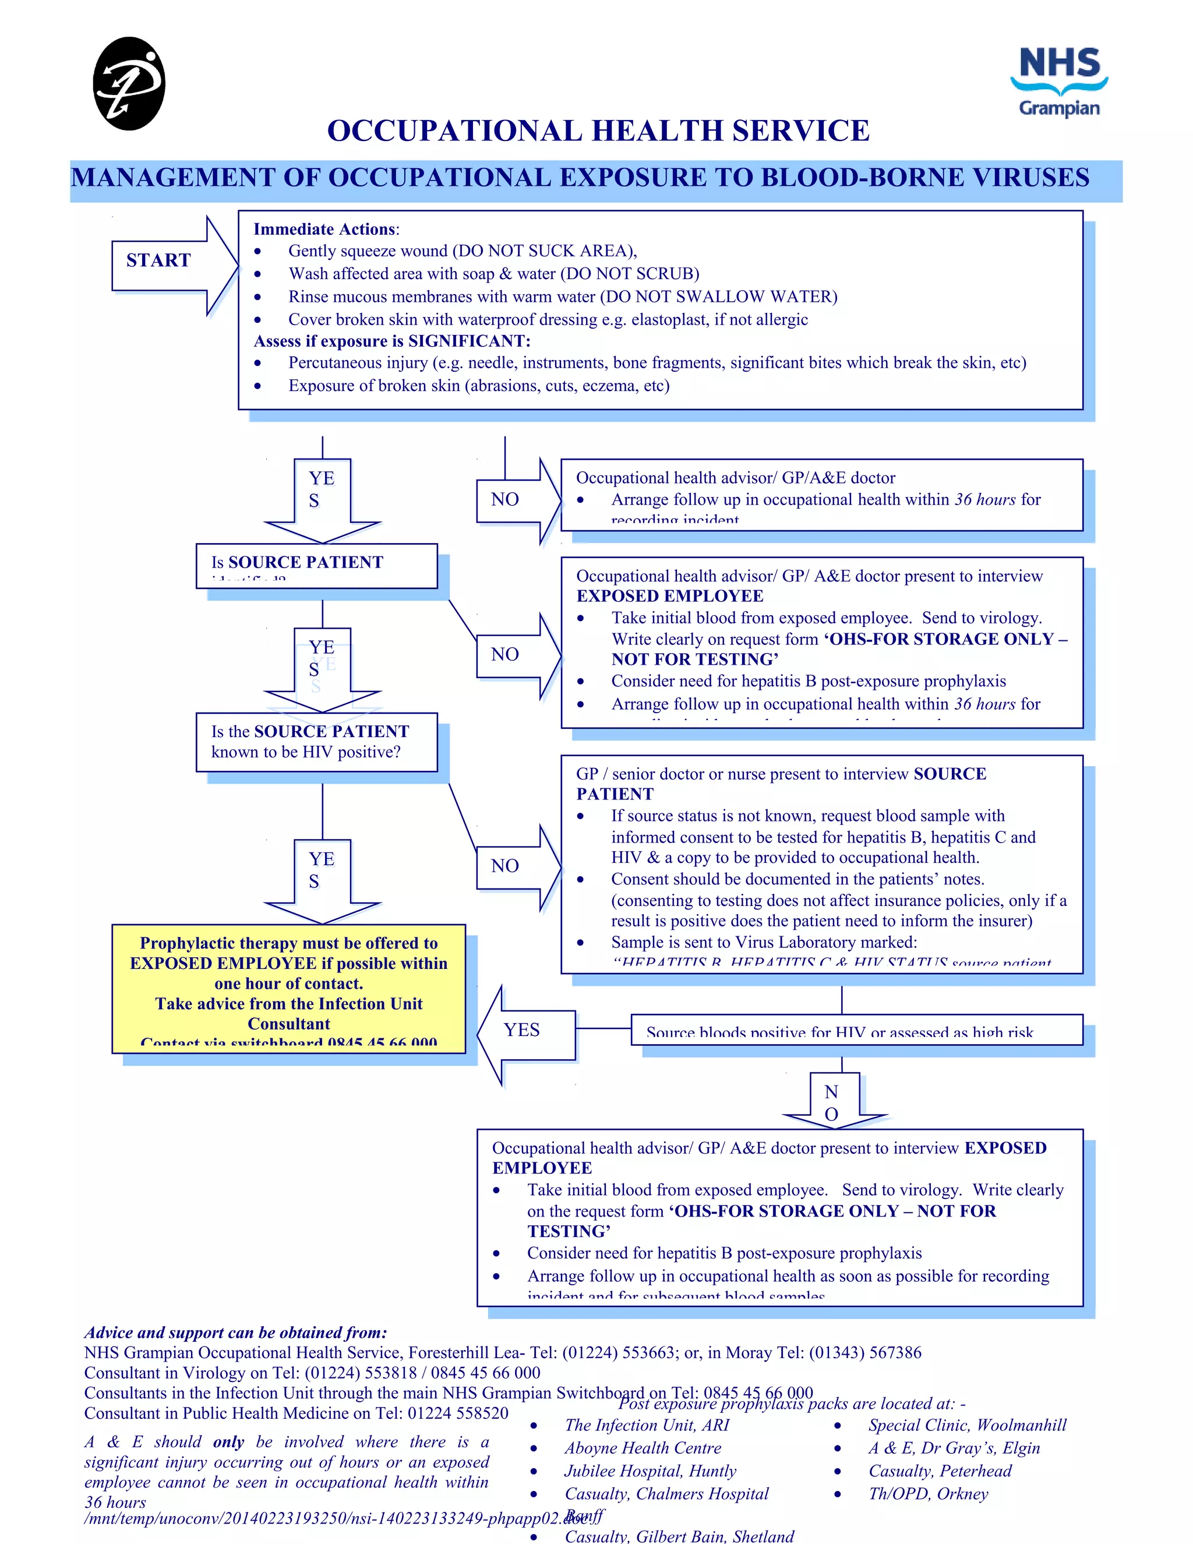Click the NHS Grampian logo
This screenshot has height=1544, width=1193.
[x=1058, y=82]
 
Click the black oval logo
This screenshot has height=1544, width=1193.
[x=129, y=83]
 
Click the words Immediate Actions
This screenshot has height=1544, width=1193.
[x=324, y=229]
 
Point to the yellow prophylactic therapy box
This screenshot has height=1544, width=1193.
[x=288, y=988]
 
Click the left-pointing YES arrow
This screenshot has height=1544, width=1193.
[x=526, y=1034]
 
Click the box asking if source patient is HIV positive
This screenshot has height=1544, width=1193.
[x=317, y=742]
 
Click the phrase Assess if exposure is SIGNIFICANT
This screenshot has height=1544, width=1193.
[x=391, y=341]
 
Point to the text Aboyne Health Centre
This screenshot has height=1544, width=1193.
[x=642, y=1448]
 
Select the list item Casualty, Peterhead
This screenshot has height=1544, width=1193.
[x=939, y=1471]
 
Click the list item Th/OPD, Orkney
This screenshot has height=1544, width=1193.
[x=927, y=1494]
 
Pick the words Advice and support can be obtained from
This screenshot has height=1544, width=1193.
[x=235, y=1333]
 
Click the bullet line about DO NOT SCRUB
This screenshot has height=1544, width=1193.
[x=493, y=274]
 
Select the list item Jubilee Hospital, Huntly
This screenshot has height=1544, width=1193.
[x=650, y=1471]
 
